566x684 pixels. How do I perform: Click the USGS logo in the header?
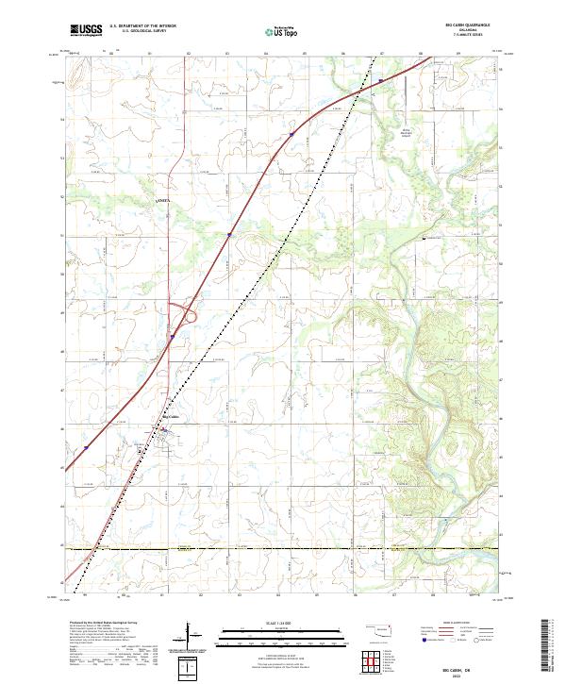tap(86, 30)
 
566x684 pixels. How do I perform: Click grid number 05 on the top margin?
tap(306, 54)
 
